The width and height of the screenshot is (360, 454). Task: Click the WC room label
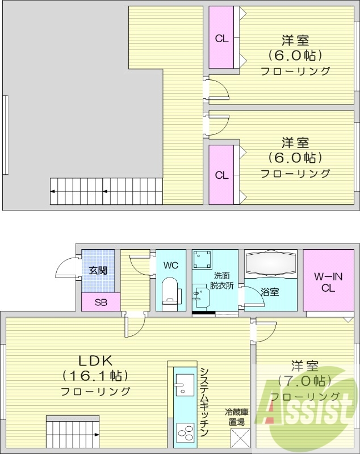(x=171, y=264)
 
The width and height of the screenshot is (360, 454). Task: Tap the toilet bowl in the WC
(x=170, y=291)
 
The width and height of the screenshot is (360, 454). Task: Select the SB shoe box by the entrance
(x=101, y=302)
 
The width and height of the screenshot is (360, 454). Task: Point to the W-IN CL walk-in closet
(x=328, y=282)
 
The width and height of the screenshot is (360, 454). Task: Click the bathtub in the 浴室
(x=271, y=264)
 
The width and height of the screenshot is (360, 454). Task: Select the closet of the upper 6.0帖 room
(x=221, y=39)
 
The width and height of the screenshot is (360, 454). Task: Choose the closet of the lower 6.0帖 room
(x=221, y=175)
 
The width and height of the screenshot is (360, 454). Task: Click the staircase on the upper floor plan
(x=105, y=191)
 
